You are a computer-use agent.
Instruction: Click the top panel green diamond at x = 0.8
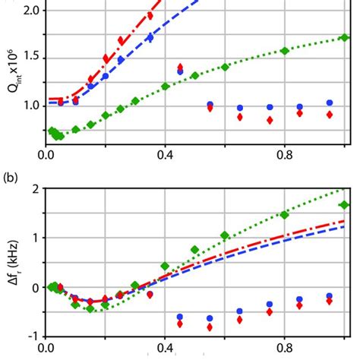coord(284,51)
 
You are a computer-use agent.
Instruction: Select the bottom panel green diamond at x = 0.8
coord(284,215)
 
